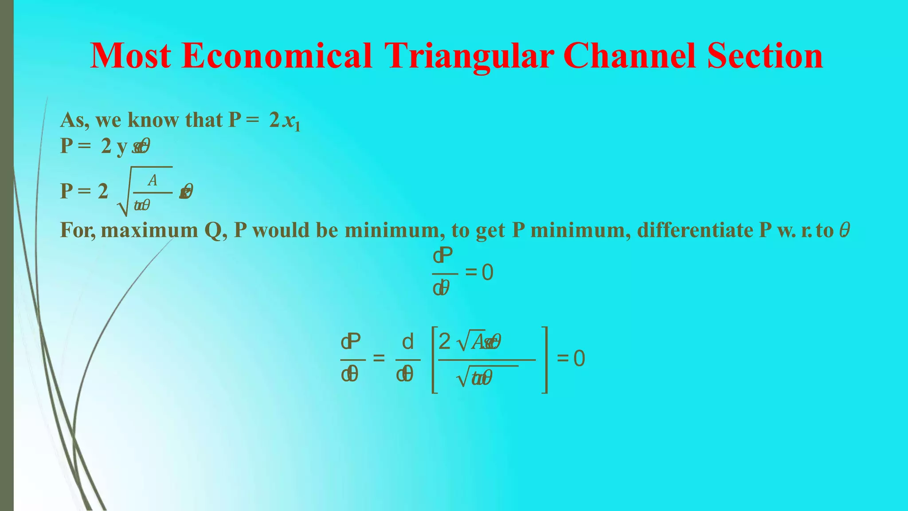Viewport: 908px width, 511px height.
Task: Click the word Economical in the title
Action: (277, 56)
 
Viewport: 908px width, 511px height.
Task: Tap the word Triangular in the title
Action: (469, 56)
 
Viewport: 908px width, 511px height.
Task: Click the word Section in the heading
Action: (765, 56)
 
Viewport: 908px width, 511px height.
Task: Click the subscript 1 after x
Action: (297, 127)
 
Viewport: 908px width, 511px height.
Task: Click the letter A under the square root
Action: (153, 181)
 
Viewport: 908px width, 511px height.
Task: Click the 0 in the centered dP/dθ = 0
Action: (487, 272)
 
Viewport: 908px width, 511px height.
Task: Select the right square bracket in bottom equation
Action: (545, 360)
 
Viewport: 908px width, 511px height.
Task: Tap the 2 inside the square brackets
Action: (444, 342)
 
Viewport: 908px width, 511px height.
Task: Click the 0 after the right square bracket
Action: (579, 358)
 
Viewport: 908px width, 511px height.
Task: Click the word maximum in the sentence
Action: (149, 230)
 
